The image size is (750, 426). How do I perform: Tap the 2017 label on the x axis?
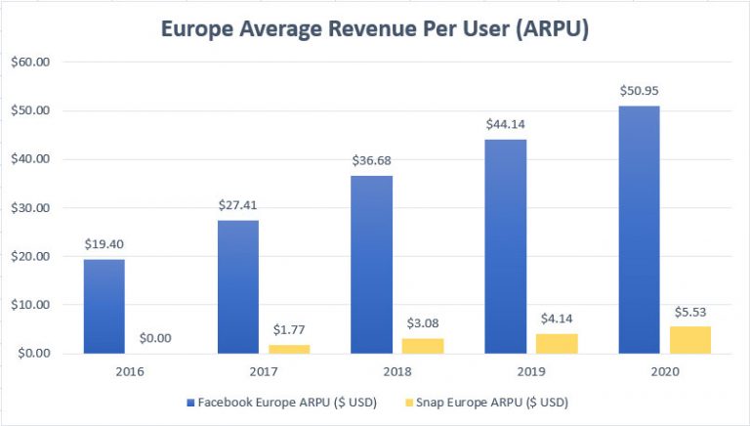pyautogui.click(x=259, y=372)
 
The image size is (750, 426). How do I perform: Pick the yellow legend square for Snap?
pyautogui.click(x=412, y=401)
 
